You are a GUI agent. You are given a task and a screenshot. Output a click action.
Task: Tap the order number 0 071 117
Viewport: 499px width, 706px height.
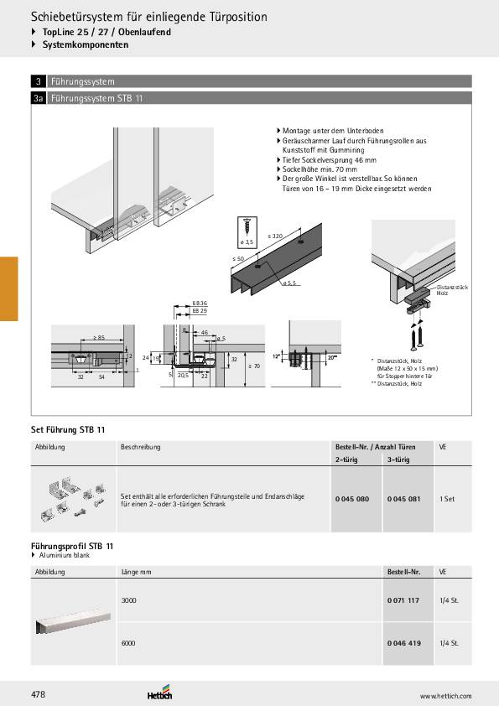click(x=403, y=600)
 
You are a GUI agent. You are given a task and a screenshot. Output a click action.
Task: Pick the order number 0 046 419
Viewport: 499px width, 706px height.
click(x=403, y=643)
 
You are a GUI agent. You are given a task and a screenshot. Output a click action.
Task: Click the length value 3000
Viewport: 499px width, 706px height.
click(x=129, y=600)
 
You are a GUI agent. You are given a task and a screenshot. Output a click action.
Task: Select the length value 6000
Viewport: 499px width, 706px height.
click(x=129, y=643)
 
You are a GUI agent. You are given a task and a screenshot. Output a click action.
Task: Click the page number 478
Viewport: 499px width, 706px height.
click(x=39, y=694)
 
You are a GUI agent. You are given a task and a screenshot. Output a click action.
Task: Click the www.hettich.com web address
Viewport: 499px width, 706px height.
click(x=444, y=696)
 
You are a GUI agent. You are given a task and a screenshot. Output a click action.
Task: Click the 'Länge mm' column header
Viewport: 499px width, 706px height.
click(x=136, y=571)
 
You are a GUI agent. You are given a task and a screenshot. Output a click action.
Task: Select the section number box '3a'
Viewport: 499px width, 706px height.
click(x=39, y=98)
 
